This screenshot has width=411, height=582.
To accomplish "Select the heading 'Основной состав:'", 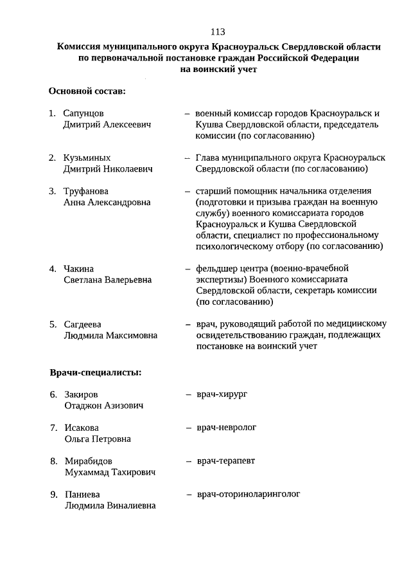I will (87, 91).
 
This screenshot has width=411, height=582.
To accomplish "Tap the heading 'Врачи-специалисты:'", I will (96, 372).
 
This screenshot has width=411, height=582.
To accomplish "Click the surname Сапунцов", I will (83, 113).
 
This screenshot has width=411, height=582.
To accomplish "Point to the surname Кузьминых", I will (87, 158).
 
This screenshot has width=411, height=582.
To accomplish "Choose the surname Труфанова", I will (86, 191).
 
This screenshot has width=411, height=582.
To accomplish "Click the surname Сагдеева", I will (82, 324).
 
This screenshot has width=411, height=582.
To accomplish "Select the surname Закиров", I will (81, 394).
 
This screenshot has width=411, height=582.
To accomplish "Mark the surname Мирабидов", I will (88, 461).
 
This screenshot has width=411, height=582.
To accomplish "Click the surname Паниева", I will (82, 495).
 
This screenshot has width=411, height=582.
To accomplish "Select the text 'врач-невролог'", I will (227, 426).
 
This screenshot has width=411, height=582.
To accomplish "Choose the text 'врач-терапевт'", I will (226, 460).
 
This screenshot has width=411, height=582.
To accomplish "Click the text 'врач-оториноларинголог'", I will (249, 495).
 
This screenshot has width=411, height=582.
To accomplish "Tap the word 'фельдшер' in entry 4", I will (216, 268).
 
